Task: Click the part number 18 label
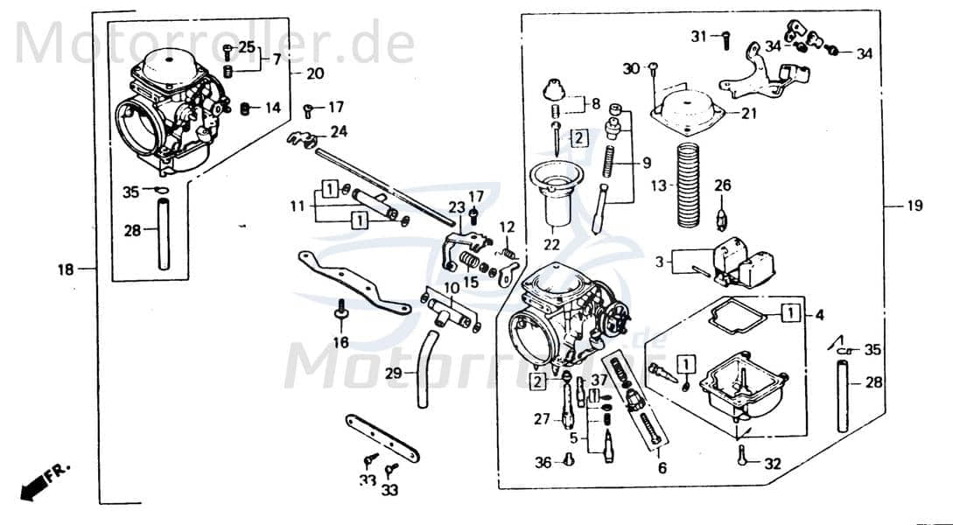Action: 67,269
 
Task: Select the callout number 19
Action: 914,206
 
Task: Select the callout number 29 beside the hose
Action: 395,374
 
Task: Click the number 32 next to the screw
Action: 772,465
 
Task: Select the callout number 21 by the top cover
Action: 749,114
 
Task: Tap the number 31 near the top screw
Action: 698,36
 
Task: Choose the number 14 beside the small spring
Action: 273,108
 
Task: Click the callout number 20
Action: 314,73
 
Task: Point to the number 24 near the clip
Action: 339,133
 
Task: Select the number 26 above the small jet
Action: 722,185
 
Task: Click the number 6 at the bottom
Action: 662,468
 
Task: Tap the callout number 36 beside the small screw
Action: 543,463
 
